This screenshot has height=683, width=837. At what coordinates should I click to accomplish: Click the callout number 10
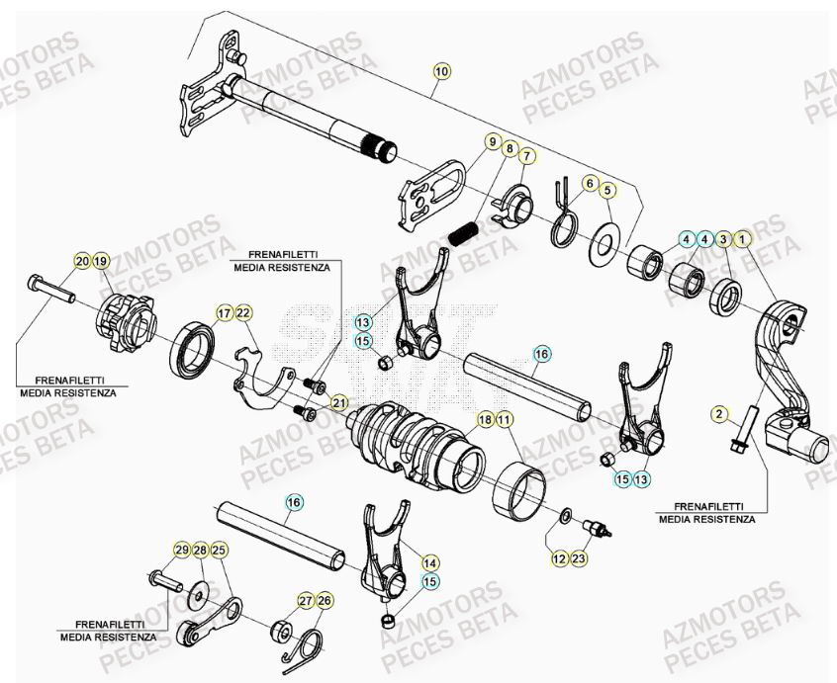click(441, 71)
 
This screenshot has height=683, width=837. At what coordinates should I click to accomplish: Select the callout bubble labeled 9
click(492, 142)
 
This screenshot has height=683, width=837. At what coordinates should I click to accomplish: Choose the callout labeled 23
click(579, 559)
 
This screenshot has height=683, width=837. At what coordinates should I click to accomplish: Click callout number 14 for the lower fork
click(430, 561)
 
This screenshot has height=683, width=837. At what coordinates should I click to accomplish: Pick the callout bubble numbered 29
click(182, 550)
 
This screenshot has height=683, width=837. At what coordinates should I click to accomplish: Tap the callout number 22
click(243, 313)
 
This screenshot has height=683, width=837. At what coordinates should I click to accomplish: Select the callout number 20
click(82, 261)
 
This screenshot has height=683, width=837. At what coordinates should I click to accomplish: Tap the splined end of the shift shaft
click(381, 151)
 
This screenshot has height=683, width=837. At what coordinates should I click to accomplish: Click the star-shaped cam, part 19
click(127, 322)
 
